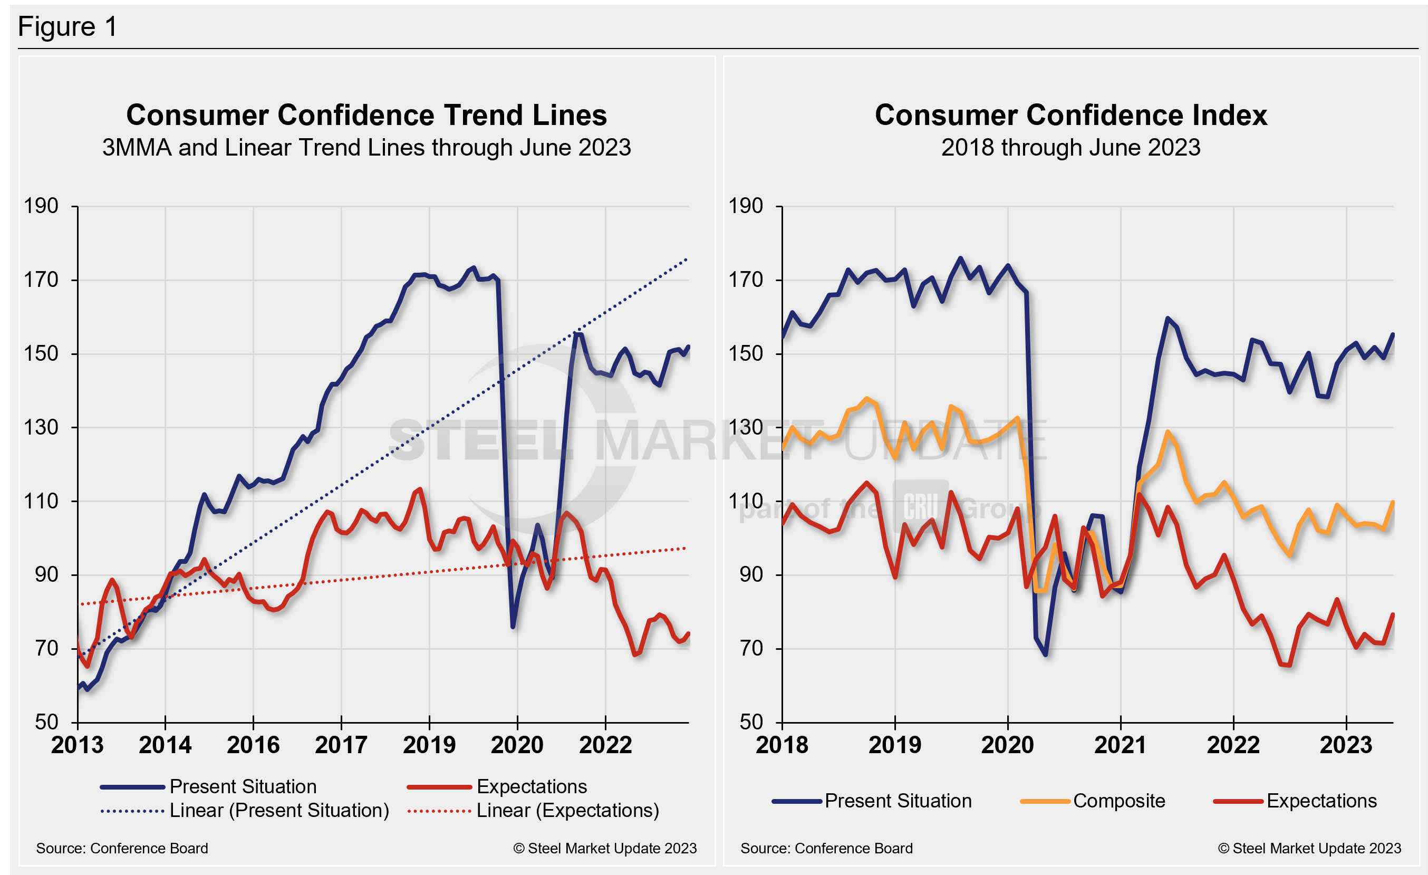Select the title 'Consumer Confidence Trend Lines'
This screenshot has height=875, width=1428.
pyautogui.click(x=366, y=115)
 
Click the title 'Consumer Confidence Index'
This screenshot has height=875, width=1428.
pyautogui.click(x=1070, y=115)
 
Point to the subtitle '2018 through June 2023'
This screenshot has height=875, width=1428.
pyautogui.click(x=1070, y=148)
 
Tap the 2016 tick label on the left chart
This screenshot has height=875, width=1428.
pyautogui.click(x=253, y=745)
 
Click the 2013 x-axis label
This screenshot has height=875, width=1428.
pyautogui.click(x=77, y=745)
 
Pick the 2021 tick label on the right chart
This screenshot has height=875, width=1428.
pyautogui.click(x=1120, y=745)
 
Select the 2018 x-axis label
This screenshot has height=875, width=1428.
pyautogui.click(x=782, y=745)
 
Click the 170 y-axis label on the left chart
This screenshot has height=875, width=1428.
pyautogui.click(x=41, y=280)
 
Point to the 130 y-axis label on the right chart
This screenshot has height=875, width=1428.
pyautogui.click(x=745, y=428)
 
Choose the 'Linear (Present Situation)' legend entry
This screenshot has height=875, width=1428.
pyautogui.click(x=279, y=810)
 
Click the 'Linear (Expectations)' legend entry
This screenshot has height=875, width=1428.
pyautogui.click(x=567, y=810)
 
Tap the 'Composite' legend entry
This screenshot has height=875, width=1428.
pyautogui.click(x=1118, y=801)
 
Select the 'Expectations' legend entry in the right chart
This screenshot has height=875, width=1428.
pyautogui.click(x=1321, y=801)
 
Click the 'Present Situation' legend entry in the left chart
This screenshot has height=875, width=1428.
pyautogui.click(x=243, y=786)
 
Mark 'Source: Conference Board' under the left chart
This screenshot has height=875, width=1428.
pyautogui.click(x=122, y=848)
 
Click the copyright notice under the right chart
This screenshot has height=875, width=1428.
pyautogui.click(x=1309, y=848)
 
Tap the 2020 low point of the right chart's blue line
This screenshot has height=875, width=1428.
pyautogui.click(x=1046, y=655)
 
